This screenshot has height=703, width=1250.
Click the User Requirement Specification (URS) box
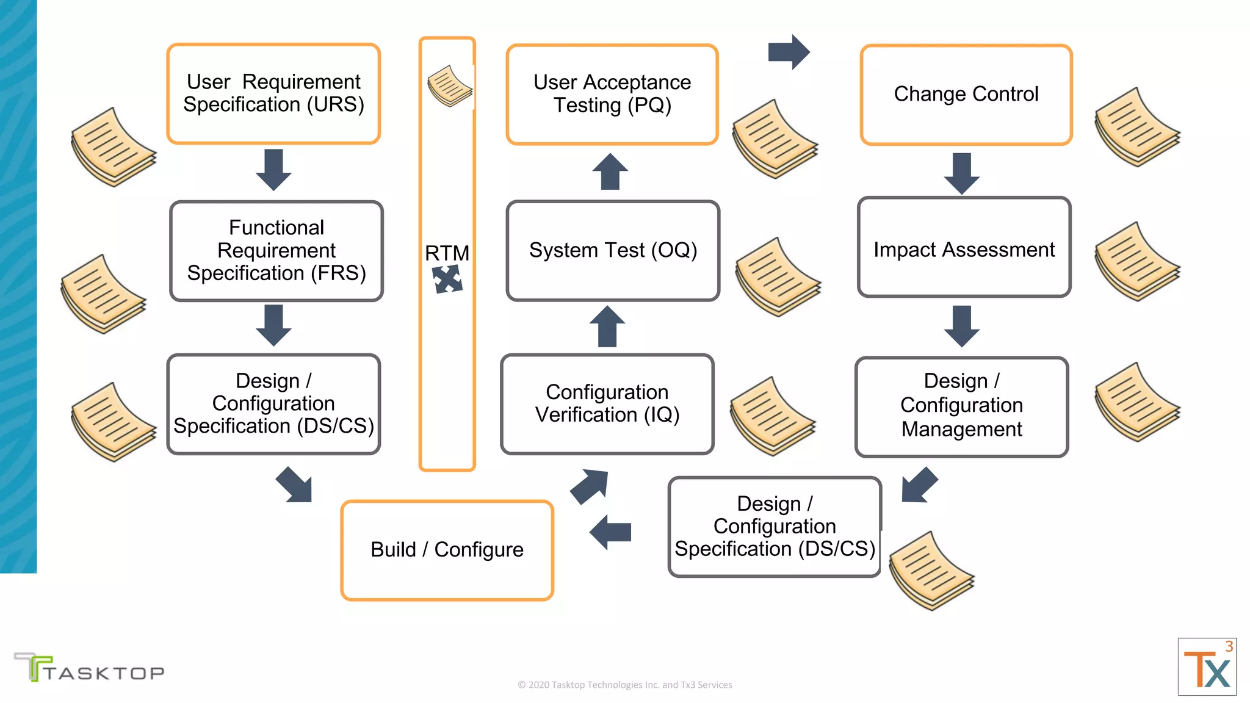273,93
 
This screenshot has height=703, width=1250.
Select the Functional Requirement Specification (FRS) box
276,251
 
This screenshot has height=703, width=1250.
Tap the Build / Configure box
447,550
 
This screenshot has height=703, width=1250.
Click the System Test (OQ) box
613,251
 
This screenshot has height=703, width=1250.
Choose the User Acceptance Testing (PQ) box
612,94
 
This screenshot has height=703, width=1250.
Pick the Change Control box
966,95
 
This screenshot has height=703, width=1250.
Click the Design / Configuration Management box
961,406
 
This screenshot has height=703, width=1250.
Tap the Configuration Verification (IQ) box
607,404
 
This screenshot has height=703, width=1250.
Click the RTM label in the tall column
447,253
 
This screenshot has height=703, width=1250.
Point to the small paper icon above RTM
450,86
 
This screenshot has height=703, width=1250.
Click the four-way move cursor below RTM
447,280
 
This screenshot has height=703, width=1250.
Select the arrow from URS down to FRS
273,170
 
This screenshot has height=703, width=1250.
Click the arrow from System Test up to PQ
610,171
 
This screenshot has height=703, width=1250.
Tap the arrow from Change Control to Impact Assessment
961,173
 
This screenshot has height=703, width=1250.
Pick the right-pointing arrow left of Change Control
789,52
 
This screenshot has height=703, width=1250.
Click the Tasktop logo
89,668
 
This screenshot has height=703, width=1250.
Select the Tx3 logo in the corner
1207,667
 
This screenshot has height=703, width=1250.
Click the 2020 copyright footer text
624,685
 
